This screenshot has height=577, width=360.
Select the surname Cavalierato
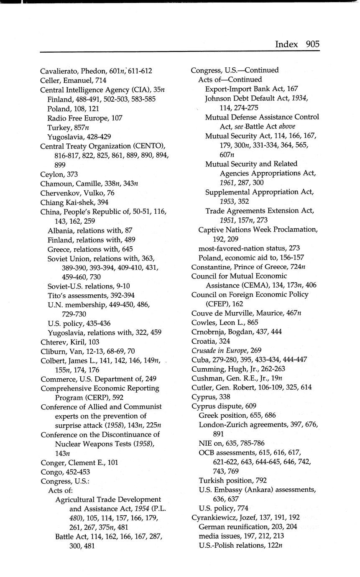pyautogui.click(x=59, y=71)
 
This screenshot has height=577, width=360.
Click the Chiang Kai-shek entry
pyautogui.click(x=68, y=202)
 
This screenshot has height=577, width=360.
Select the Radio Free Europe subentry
pyautogui.click(x=85, y=118)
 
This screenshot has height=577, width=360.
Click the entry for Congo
pyautogui.click(x=51, y=472)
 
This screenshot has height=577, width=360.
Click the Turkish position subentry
pyautogui.click(x=232, y=480)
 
